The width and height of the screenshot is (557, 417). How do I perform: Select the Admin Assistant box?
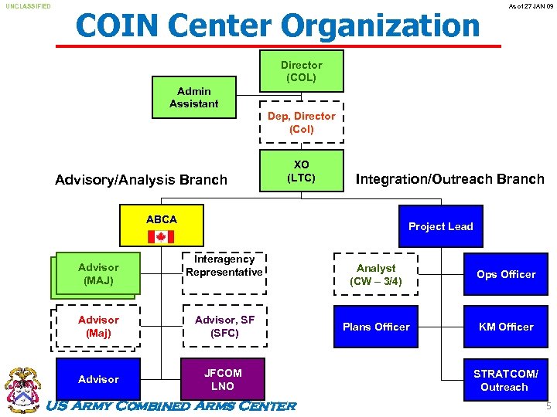194,97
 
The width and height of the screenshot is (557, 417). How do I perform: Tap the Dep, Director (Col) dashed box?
301,122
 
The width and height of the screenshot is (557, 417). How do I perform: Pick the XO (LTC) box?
301,171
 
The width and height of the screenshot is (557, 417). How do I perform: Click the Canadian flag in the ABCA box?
162,236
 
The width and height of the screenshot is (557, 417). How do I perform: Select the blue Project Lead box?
440,226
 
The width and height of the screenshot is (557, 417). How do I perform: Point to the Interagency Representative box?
224,272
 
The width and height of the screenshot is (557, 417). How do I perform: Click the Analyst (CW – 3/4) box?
376,274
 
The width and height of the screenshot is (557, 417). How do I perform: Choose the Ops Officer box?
506,274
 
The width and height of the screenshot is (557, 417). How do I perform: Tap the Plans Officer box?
376,327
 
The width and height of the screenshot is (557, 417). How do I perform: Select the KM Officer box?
506,327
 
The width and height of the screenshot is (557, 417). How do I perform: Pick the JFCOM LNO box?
223,378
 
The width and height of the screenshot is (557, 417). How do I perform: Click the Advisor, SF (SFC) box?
224,327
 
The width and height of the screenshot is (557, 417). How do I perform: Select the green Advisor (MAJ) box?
98,274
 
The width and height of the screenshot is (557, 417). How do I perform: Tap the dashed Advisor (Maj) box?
98,327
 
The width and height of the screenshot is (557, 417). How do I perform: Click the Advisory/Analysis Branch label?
142,180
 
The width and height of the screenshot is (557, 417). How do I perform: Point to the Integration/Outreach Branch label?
449,179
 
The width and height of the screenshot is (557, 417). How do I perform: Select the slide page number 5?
548,406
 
